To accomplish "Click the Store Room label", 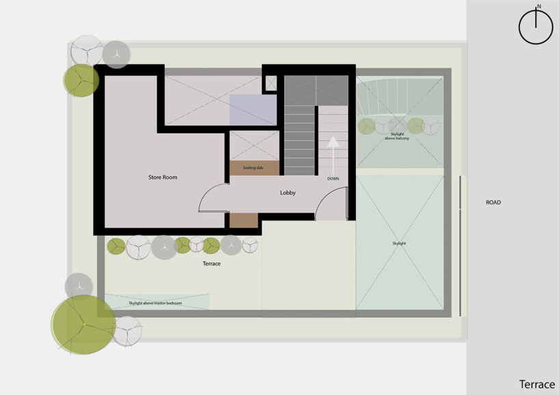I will [x=163, y=178].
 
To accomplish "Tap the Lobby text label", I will [x=288, y=193].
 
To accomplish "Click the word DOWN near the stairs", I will [x=333, y=178].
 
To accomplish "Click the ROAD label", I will [x=493, y=202].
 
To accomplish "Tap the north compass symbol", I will [x=536, y=28].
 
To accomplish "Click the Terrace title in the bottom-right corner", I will [x=536, y=384].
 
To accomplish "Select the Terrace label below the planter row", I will [x=212, y=263].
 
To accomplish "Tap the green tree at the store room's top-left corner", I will [x=81, y=80].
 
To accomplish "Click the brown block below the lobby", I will [x=243, y=220].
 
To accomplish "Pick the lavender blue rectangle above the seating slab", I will [x=252, y=109].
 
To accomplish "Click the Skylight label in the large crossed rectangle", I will [x=399, y=243].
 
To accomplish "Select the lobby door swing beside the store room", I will [x=212, y=198].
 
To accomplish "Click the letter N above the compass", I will [x=538, y=7].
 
